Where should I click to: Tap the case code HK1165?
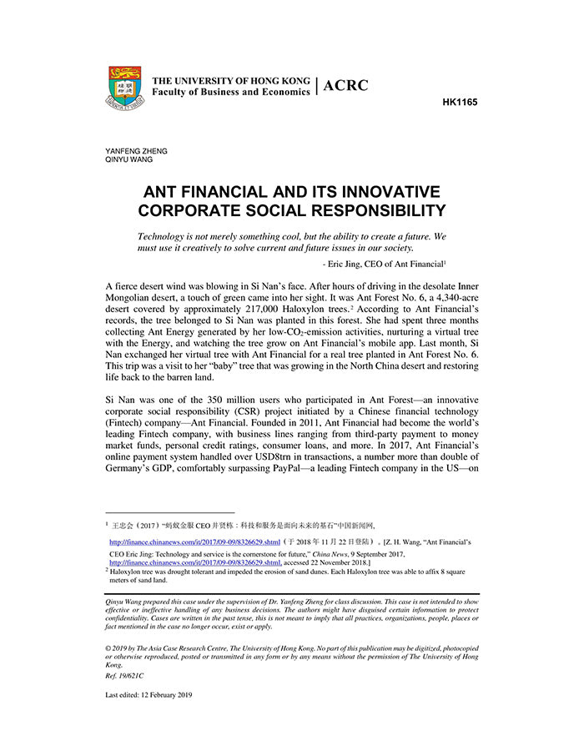coord(460,103)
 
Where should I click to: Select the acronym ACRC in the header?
coord(345,85)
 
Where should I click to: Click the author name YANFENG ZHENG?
coord(136,151)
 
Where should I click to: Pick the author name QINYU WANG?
coord(129,159)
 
